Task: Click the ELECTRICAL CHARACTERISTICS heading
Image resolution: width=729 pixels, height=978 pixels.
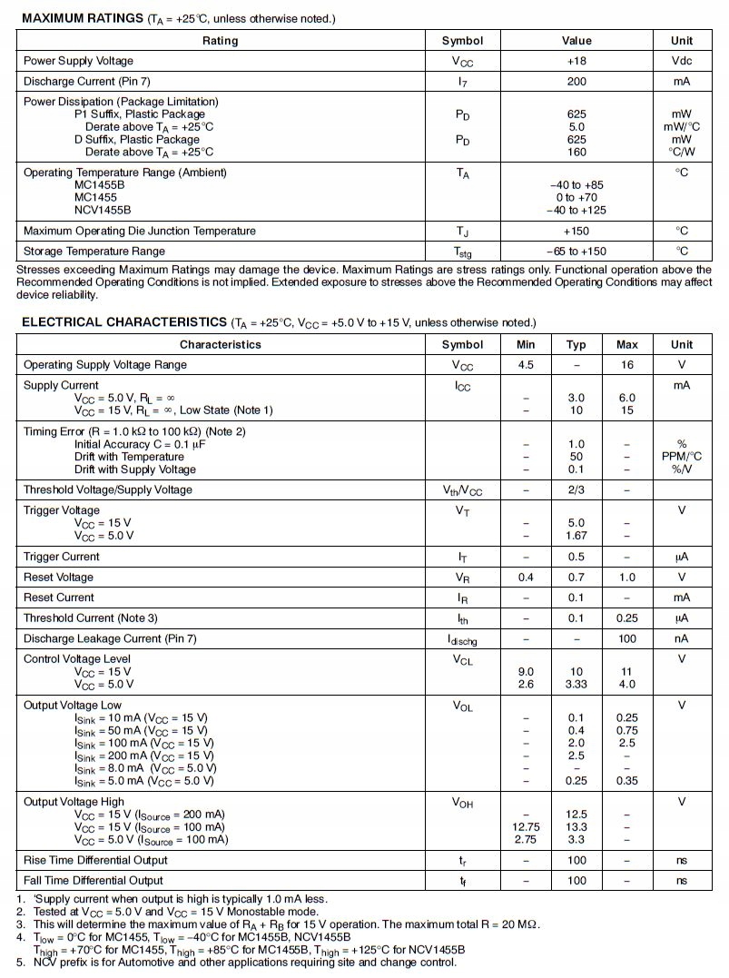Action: pyautogui.click(x=123, y=322)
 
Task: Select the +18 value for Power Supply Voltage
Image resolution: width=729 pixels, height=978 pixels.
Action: pyautogui.click(x=576, y=61)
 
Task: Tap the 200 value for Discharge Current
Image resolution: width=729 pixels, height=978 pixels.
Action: pyautogui.click(x=576, y=81)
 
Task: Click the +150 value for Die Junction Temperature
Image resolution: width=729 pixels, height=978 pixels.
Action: pyautogui.click(x=576, y=231)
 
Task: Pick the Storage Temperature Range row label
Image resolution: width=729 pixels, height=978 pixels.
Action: pyautogui.click(x=94, y=251)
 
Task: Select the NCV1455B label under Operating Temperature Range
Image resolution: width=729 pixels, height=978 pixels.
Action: pyautogui.click(x=103, y=210)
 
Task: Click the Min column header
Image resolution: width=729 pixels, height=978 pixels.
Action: pyautogui.click(x=526, y=344)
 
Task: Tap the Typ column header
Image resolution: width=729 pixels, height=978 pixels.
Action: pyautogui.click(x=576, y=344)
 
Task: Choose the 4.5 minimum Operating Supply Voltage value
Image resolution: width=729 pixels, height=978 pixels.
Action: pyautogui.click(x=526, y=364)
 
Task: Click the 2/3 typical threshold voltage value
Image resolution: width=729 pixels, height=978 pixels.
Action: pyautogui.click(x=576, y=489)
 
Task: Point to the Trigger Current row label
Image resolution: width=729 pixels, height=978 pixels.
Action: pyautogui.click(x=62, y=557)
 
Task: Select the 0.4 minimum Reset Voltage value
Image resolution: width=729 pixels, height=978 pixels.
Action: pyautogui.click(x=526, y=577)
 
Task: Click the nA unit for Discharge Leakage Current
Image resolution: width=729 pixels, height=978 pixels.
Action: pyautogui.click(x=681, y=638)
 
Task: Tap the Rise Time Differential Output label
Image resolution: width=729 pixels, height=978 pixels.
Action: pyautogui.click(x=95, y=859)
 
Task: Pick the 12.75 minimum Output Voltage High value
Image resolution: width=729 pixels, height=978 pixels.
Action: pyautogui.click(x=526, y=827)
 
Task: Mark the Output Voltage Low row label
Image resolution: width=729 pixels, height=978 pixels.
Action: pyautogui.click(x=73, y=705)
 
